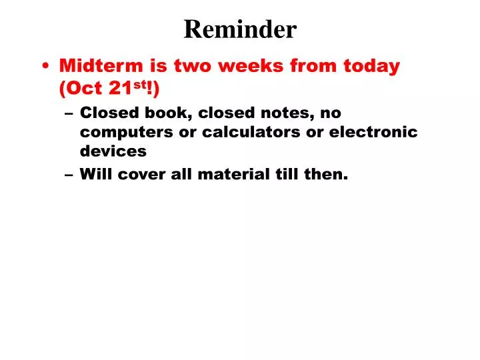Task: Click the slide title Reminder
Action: (x=240, y=29)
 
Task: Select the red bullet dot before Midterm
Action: (x=45, y=67)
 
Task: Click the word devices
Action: (x=113, y=151)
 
